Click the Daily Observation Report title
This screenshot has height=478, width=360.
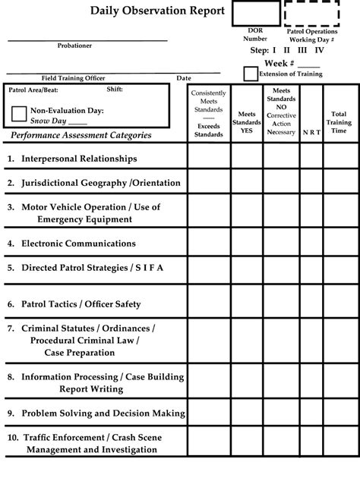tap(157, 11)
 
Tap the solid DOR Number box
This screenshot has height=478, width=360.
tap(255, 14)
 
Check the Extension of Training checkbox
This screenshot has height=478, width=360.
tap(250, 74)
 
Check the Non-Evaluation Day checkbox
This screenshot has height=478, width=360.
tap(19, 115)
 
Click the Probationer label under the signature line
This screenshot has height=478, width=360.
tap(74, 46)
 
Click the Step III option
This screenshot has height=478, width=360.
tap(302, 50)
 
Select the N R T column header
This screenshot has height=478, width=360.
tap(311, 132)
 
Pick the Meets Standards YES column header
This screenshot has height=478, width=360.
tap(246, 122)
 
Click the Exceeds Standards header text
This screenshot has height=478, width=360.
tap(208, 130)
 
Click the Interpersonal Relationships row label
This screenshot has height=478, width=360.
tap(79, 159)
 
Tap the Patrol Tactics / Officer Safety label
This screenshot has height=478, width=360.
tap(81, 304)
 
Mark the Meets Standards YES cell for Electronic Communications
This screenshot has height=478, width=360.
tap(246, 244)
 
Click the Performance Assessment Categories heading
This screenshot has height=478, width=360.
tap(81, 135)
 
